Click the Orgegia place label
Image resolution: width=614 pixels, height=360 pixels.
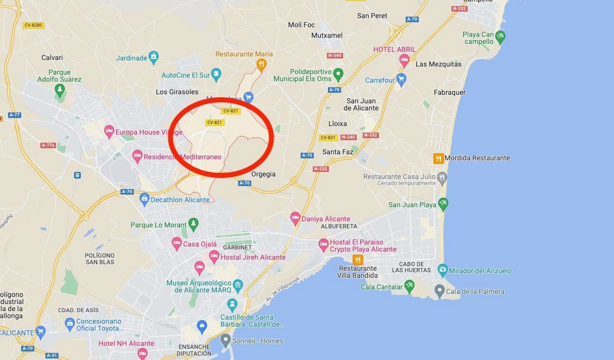pyautogui.click(x=263, y=174)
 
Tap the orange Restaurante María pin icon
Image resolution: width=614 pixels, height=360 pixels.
pyautogui.click(x=261, y=64)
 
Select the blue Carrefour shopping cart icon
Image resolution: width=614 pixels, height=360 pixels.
pyautogui.click(x=401, y=80)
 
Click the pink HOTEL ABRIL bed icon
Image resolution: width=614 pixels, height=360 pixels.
pyautogui.click(x=404, y=61)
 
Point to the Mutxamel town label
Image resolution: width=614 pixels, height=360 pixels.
pyautogui.click(x=327, y=36)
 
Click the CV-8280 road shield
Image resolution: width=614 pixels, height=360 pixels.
pyautogui.click(x=33, y=25)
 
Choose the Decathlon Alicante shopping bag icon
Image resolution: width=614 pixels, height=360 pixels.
pyautogui.click(x=145, y=199)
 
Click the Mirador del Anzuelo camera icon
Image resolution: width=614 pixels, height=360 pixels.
pyautogui.click(x=442, y=270)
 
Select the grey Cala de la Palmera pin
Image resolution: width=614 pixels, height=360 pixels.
pyautogui.click(x=439, y=291)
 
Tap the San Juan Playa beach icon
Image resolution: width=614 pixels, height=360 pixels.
pyautogui.click(x=443, y=204)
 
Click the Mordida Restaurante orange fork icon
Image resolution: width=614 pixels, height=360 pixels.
pyautogui.click(x=438, y=158)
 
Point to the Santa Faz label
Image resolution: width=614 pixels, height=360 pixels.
pyautogui.click(x=338, y=152)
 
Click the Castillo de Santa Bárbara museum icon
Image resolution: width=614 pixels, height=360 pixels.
pyautogui.click(x=232, y=305)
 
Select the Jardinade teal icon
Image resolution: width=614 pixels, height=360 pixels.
pyautogui.click(x=153, y=57)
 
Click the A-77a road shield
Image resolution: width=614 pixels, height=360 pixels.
pyautogui.click(x=48, y=145)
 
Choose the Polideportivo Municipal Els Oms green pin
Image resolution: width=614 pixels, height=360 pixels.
pyautogui.click(x=339, y=75)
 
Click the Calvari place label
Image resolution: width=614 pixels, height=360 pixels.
pyautogui.click(x=52, y=58)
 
